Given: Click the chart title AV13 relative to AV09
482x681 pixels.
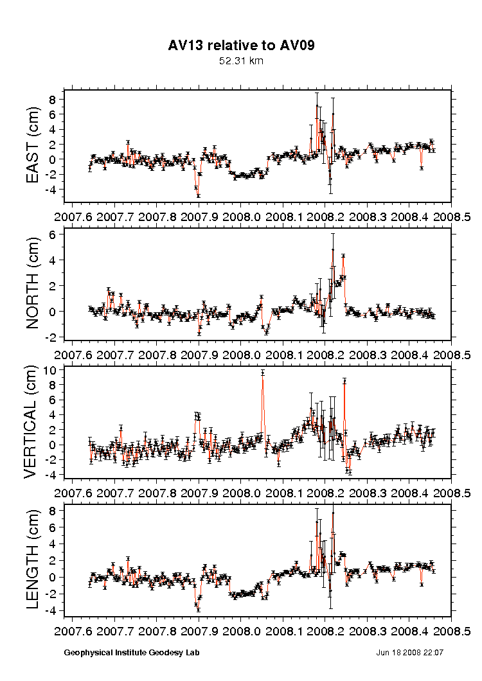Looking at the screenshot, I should tap(241, 46).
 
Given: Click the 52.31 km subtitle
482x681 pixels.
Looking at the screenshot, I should tap(241, 61).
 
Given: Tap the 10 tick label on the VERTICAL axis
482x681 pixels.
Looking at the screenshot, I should tap(53, 371).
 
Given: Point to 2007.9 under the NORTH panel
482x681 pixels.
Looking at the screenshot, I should tap(199, 354).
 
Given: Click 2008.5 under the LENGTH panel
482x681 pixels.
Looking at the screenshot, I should tap(451, 630).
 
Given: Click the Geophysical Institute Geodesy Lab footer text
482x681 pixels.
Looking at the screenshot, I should tap(132, 653).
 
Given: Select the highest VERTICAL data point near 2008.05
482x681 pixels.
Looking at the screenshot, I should tap(262, 373).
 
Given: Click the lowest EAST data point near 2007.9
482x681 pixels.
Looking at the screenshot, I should tap(198, 195).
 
